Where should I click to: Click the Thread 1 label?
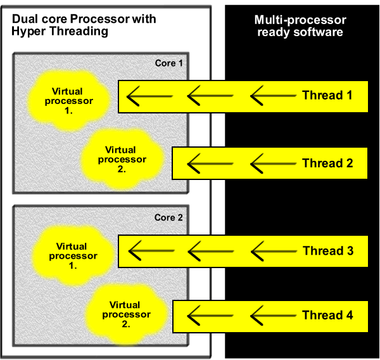click(327, 96)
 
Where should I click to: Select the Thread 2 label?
click(327, 164)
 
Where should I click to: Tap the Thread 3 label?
click(327, 251)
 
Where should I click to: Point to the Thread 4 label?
click(327, 315)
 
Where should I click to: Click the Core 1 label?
click(168, 63)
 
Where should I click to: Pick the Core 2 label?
click(168, 217)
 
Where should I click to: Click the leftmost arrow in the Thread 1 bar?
click(149, 96)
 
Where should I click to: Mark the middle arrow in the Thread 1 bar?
click(210, 96)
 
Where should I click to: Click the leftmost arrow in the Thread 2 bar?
click(210, 164)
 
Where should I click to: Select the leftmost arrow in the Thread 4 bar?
click(210, 315)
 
